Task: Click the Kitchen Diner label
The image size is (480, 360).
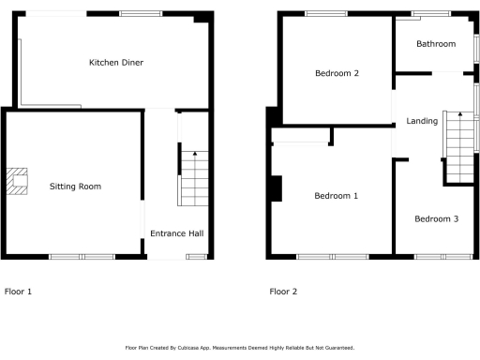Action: point(115,63)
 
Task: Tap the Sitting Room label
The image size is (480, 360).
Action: point(75,187)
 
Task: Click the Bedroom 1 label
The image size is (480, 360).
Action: point(336,196)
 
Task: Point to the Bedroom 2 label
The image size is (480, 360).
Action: point(337,73)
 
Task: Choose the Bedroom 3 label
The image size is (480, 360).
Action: point(436,219)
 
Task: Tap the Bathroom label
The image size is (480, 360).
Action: point(436,44)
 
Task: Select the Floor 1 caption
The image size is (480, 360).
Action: point(18,292)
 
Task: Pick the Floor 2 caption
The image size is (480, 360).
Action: point(283,292)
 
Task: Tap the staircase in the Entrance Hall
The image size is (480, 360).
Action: point(193,180)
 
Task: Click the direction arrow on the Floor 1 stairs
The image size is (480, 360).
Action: point(194,156)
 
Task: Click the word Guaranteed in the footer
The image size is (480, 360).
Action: point(336,348)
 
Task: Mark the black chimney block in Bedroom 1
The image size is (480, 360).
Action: point(275,188)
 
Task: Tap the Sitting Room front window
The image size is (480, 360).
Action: point(81,256)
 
